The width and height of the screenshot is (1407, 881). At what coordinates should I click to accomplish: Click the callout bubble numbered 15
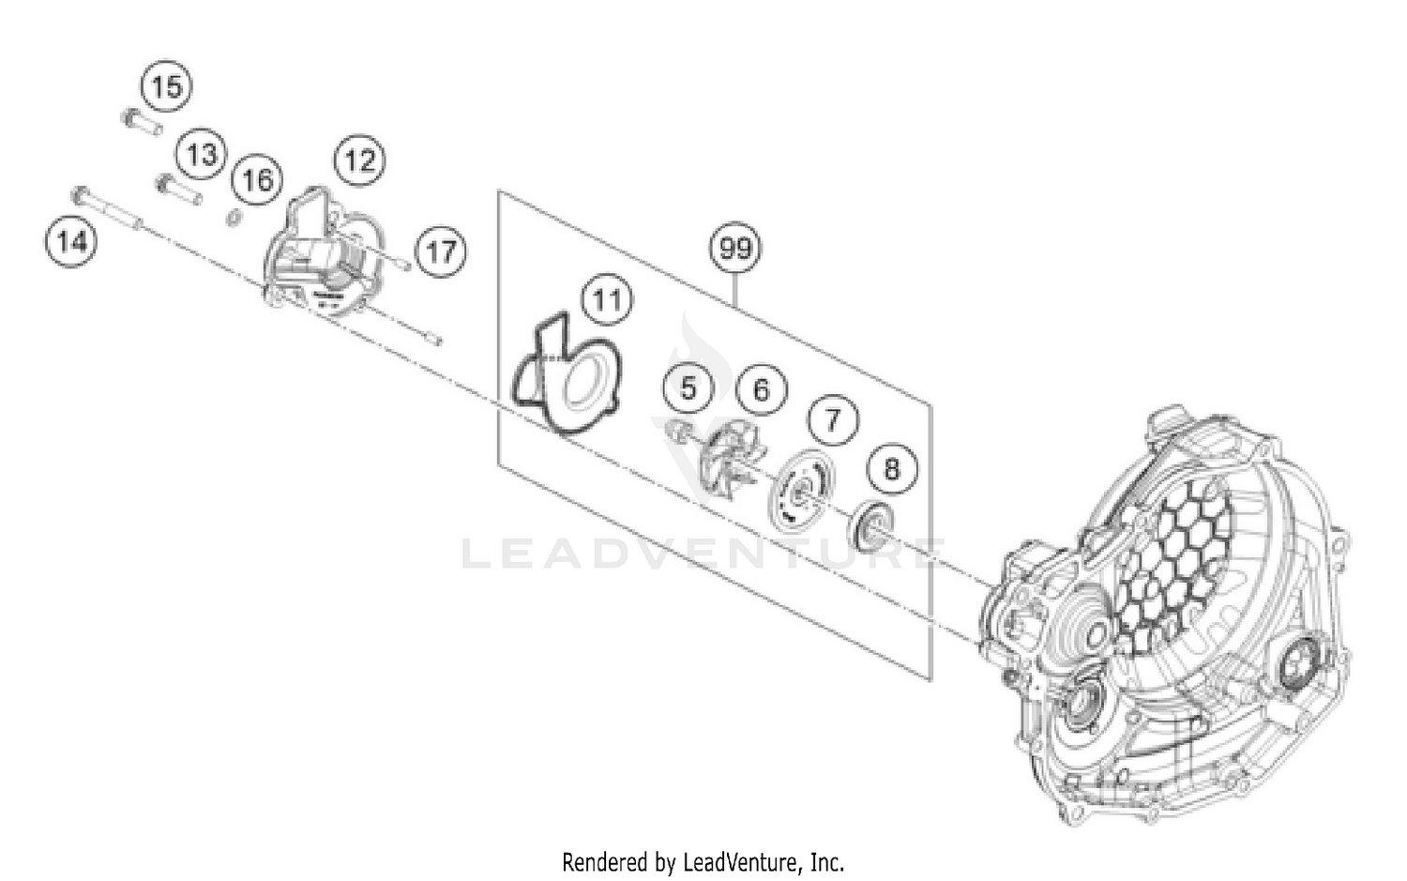[x=166, y=87]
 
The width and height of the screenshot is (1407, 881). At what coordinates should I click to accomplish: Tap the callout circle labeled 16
[x=258, y=179]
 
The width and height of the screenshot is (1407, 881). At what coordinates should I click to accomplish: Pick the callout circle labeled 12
[x=360, y=160]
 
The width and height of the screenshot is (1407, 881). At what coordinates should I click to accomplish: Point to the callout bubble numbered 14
[x=71, y=243]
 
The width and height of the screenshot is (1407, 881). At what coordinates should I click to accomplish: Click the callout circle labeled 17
[x=441, y=251]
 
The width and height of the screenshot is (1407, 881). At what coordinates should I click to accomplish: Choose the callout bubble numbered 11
[x=607, y=300]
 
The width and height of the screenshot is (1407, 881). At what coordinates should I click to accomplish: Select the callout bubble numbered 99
[x=735, y=249]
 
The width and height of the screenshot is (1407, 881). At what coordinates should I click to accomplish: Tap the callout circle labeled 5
[x=689, y=387]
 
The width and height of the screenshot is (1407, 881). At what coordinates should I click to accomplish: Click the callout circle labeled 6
[x=761, y=388]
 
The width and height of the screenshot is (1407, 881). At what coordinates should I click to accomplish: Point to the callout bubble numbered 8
[x=891, y=467]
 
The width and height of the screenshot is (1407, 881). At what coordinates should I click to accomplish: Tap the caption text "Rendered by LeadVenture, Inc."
[x=703, y=860]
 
